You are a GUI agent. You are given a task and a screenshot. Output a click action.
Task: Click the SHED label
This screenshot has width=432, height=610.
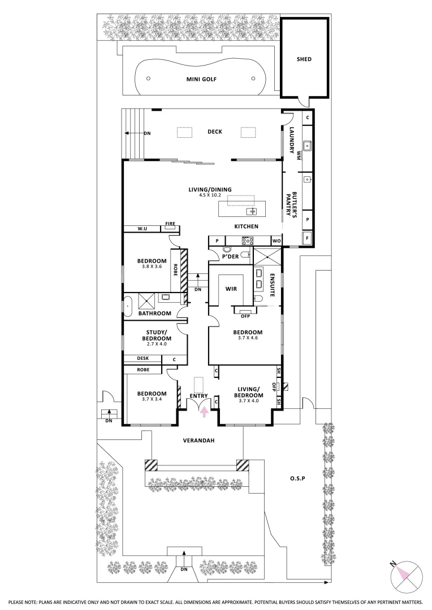coord(304,59)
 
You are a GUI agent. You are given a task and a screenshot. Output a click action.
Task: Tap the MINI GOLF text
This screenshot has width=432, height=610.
coord(201,80)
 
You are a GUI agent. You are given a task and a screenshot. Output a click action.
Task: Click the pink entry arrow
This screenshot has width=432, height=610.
coord(204,412)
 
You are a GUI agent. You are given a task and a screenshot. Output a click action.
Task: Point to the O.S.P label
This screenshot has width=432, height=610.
coord(297,478)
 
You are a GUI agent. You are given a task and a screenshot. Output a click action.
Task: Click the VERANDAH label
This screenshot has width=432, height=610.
coord(198,441)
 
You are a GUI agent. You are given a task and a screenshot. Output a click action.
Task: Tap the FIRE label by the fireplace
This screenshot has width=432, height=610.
coord(170,224)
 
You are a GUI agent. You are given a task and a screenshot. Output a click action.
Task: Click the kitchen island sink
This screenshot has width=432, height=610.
coord(251,212)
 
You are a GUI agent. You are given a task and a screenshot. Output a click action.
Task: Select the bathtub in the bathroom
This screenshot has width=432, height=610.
coord(128,306)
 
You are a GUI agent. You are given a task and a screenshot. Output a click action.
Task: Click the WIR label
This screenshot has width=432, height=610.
coord(231,289)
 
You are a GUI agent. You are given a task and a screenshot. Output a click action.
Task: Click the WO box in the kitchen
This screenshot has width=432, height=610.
coord(276,241)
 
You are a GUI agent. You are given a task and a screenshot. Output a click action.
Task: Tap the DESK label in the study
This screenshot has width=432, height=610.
coord(143,358)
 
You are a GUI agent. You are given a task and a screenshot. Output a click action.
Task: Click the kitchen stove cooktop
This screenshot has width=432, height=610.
coord(247,241)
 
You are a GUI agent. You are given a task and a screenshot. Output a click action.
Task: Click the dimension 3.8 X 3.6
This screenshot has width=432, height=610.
coord(152,267)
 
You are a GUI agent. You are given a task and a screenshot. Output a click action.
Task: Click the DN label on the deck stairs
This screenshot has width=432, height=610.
coord(147,133)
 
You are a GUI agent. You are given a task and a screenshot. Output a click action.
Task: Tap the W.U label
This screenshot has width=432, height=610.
coord(142,229)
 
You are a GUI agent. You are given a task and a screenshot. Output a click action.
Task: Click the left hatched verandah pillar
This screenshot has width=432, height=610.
coord(151,465)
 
